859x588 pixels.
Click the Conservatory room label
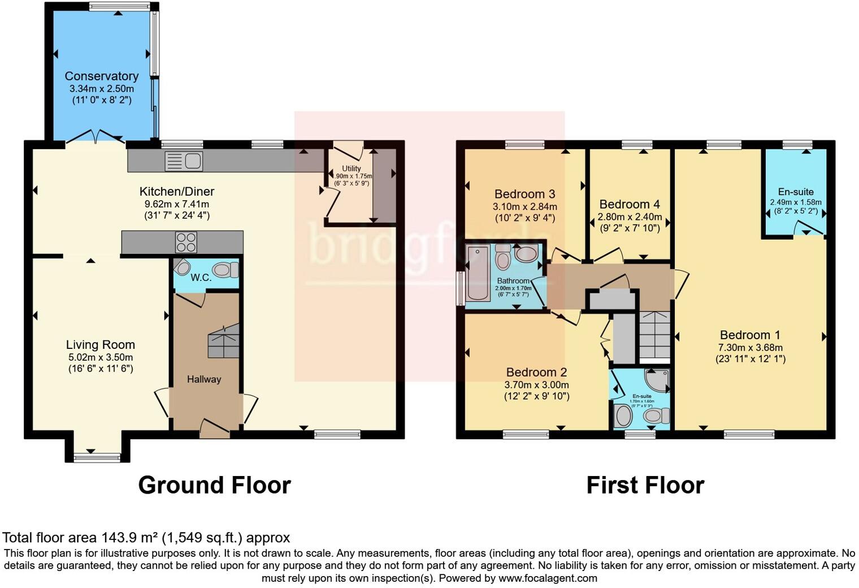point(101,76)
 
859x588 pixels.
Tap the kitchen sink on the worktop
point(184,161)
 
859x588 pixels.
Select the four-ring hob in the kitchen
point(186,243)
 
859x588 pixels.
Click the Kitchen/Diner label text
point(177,192)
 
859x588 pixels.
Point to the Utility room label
point(351,168)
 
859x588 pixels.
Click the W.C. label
point(201,278)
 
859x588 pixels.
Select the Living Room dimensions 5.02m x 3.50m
point(101,357)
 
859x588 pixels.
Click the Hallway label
point(204,379)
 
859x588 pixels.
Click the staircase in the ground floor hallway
point(224,341)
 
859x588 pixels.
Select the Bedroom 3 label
point(524,194)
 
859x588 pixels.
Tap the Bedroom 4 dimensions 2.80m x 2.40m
point(630,217)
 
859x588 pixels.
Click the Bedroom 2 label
point(536,372)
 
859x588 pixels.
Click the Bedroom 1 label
point(750,335)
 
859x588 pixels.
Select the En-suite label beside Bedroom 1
point(795,192)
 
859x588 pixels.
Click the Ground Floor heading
point(214,485)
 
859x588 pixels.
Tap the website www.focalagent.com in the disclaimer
point(548,578)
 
